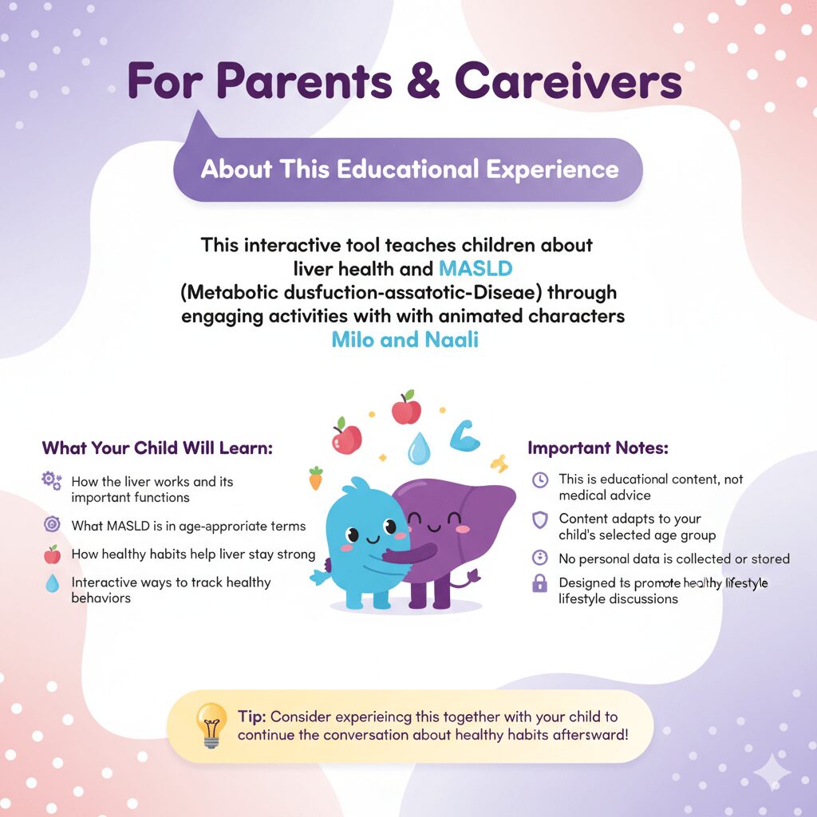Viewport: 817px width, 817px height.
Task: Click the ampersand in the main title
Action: tap(422, 83)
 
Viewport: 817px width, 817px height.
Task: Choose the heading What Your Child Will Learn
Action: tap(157, 448)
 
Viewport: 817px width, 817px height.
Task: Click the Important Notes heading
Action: tap(598, 448)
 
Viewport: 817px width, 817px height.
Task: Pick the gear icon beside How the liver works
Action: tap(51, 480)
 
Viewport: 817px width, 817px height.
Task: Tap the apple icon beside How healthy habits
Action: tap(52, 554)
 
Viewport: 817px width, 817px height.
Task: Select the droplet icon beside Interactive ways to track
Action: tap(52, 584)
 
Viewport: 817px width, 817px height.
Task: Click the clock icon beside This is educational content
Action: tap(540, 480)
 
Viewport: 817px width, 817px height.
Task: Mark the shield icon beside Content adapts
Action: tap(540, 519)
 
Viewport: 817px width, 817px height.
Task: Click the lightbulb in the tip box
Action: tap(210, 723)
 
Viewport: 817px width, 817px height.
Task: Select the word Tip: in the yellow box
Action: tap(256, 716)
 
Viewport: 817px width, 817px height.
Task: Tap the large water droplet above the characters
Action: tap(417, 448)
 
